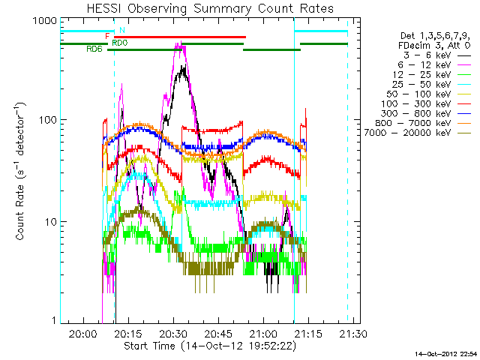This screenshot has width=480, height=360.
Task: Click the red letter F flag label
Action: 108,36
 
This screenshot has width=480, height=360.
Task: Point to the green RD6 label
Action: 94,49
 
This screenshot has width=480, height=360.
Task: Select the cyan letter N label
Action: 121,30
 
